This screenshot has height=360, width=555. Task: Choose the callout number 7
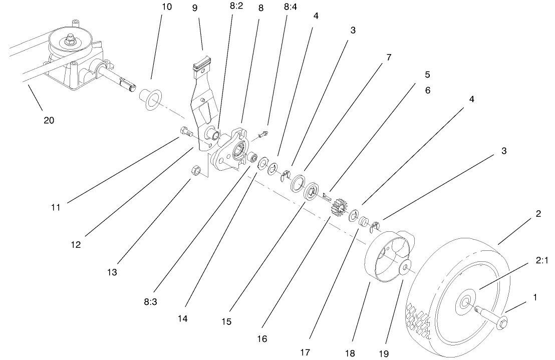[389, 57]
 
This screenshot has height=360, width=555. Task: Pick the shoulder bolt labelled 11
[186, 133]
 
